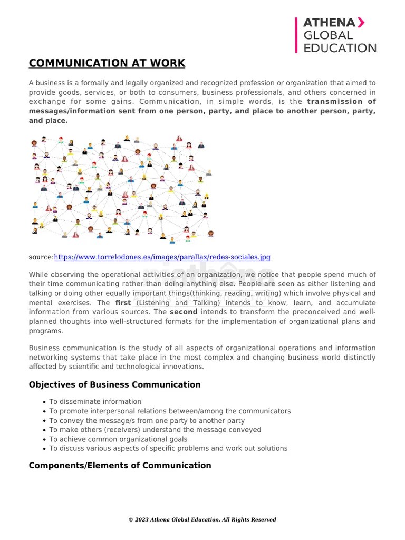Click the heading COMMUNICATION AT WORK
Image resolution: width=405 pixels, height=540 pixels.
(x=107, y=64)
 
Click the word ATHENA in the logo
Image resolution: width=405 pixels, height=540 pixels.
(x=329, y=22)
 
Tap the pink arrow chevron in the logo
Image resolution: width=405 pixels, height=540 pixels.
(x=360, y=22)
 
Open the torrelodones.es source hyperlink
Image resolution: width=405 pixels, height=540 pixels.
(x=162, y=257)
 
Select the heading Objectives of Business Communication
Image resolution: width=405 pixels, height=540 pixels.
(x=114, y=385)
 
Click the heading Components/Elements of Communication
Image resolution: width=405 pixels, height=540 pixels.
(x=120, y=466)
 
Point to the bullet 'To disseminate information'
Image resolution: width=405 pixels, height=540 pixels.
(x=95, y=402)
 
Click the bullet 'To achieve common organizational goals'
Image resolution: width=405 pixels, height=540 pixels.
(x=118, y=439)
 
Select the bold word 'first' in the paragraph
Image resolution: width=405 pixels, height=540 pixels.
(x=123, y=303)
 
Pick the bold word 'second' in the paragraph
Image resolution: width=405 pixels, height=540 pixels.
(x=184, y=312)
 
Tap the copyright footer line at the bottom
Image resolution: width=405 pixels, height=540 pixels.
(x=202, y=519)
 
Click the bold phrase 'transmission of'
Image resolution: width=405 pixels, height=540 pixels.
(x=341, y=102)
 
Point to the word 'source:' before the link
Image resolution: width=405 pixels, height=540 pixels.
(x=41, y=257)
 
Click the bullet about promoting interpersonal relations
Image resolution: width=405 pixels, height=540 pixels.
(x=170, y=411)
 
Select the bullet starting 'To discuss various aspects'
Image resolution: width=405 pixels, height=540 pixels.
(x=168, y=449)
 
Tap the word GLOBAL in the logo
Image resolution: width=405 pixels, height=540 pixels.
(x=327, y=35)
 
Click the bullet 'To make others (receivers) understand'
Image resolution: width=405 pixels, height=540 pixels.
(x=155, y=430)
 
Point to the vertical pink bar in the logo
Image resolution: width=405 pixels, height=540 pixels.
(x=296, y=35)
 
